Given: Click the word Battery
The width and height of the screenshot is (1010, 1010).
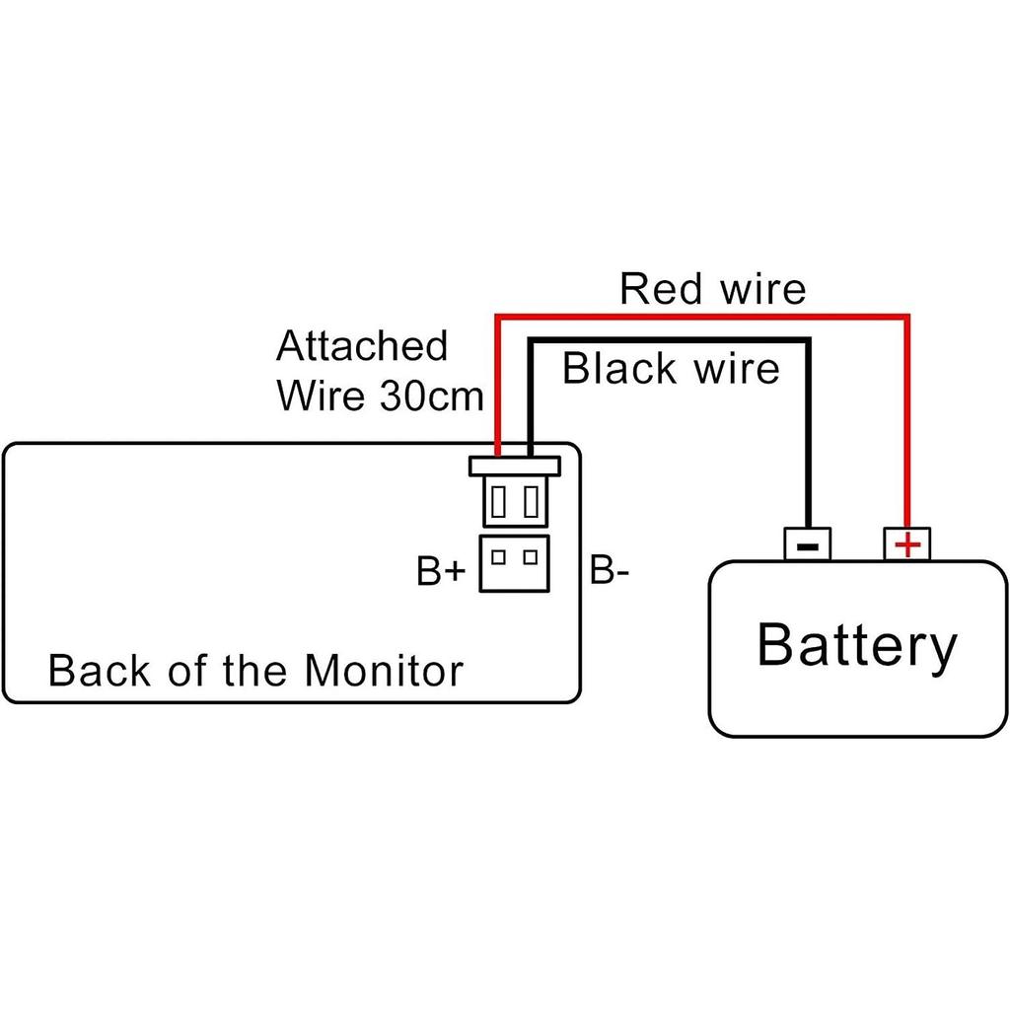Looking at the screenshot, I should pos(856,646).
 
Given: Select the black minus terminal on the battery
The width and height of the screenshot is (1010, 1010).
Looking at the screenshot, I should pos(807,543).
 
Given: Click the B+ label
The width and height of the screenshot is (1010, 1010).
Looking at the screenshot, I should pos(440,572).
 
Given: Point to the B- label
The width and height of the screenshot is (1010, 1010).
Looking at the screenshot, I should pos(610,572).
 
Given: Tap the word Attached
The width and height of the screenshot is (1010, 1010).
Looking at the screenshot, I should pos(362,346).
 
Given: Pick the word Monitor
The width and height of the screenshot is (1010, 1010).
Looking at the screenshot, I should pos(383,671).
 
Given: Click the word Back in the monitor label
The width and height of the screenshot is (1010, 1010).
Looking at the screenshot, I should pos(90,671).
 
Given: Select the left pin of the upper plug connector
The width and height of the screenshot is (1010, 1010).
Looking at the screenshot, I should pos(498,502).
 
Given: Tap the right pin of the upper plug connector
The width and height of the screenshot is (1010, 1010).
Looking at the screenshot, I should pos(532,502).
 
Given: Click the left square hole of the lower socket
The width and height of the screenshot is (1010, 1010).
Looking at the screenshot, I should pos(498,556).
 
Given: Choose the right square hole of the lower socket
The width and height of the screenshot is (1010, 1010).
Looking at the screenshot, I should pos(532,556).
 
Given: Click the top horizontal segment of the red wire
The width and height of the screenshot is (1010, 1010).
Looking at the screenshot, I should pos(700,317).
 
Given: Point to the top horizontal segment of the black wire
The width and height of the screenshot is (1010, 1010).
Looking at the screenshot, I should pos(671,340).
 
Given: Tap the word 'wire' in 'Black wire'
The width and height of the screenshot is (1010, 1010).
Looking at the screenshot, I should pos(736,369).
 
